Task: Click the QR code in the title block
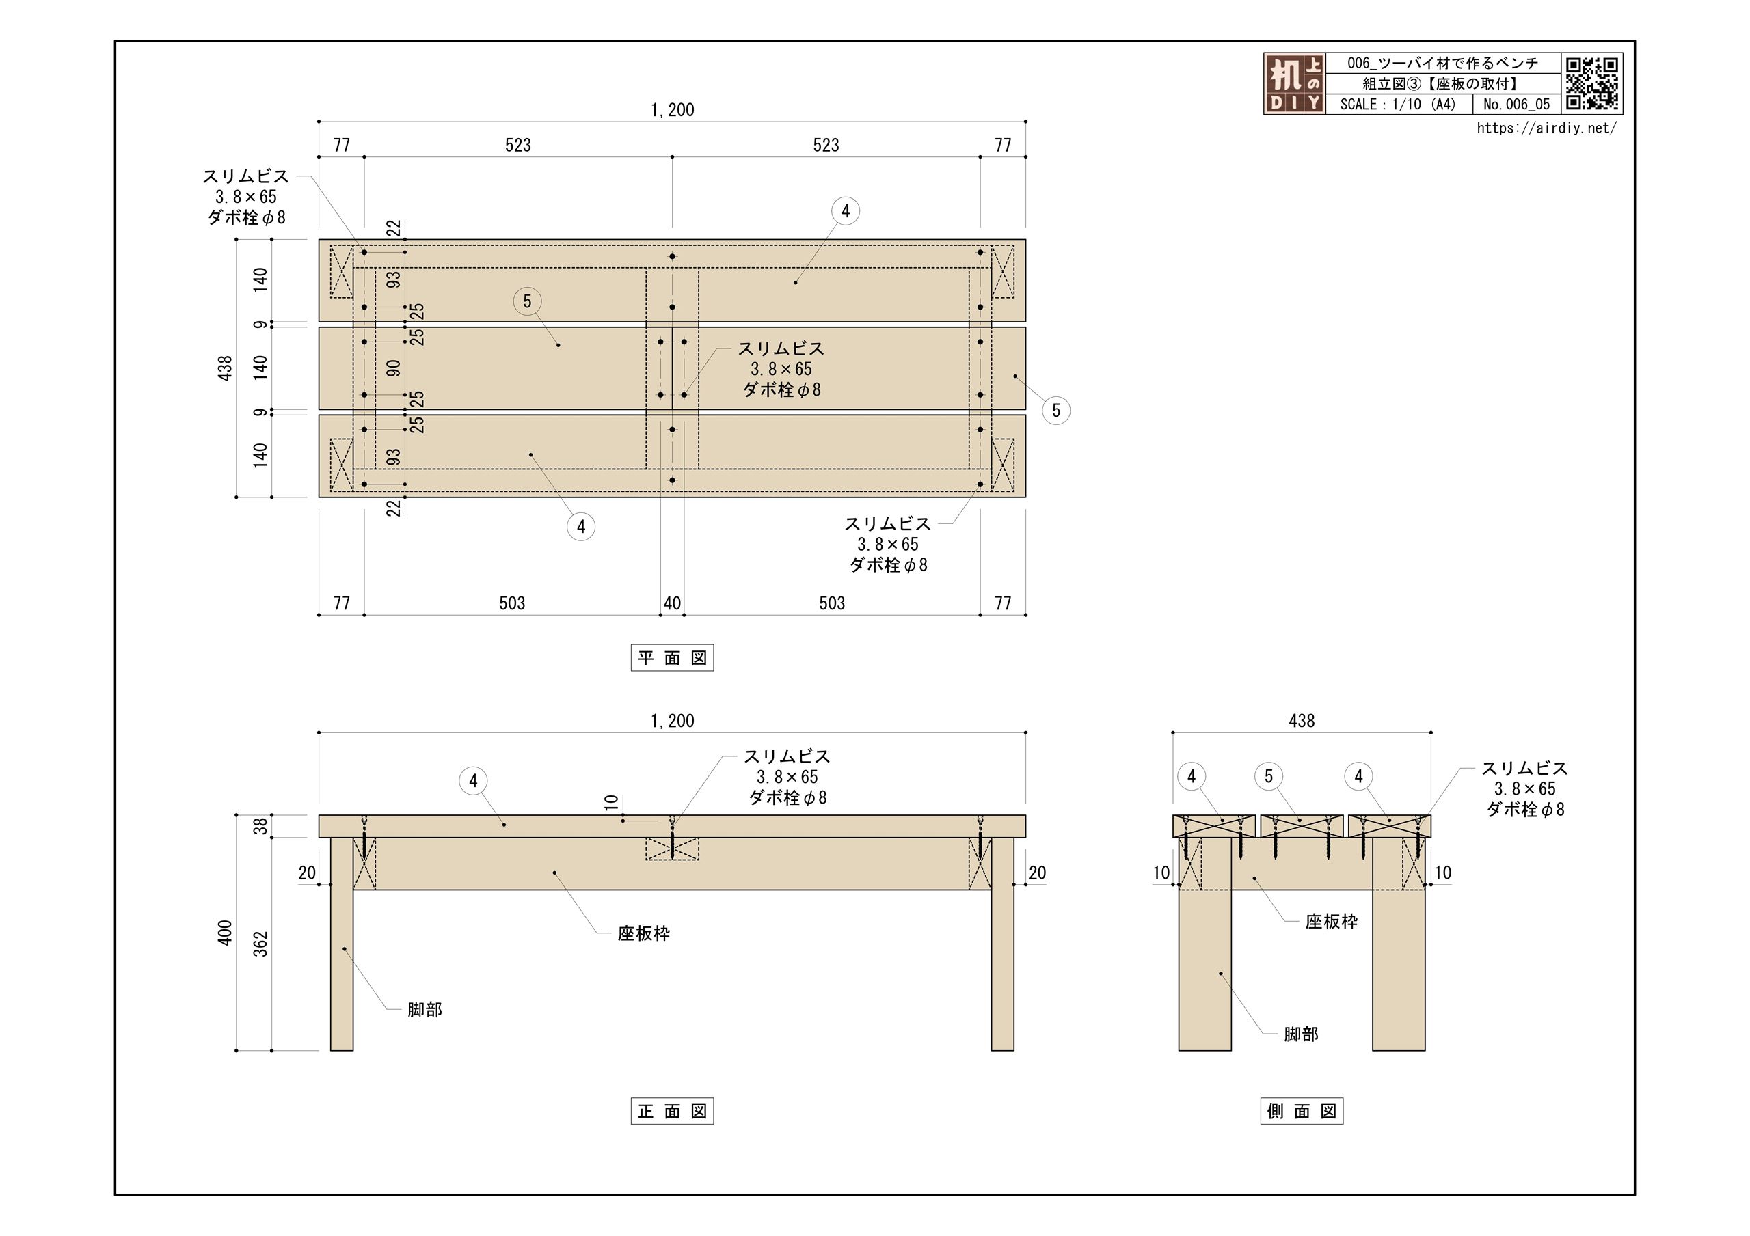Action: coord(1591,83)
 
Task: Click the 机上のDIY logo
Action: coord(1294,84)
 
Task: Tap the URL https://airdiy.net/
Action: coord(1546,128)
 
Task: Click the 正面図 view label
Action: coord(671,1112)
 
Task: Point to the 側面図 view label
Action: coord(1301,1112)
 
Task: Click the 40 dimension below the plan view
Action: coord(671,603)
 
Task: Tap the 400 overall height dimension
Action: coord(225,933)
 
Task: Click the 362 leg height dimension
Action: coord(260,944)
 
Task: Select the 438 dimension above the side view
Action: coord(1301,721)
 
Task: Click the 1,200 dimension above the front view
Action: coord(671,721)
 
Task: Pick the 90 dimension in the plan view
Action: coord(393,369)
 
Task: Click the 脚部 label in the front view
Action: coord(425,1010)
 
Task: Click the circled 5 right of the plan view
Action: coord(1055,411)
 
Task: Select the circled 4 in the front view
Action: coord(473,780)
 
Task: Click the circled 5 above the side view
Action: coord(1268,776)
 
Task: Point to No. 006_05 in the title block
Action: coord(1516,105)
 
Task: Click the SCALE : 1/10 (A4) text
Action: coord(1398,105)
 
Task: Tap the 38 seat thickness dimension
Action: coord(260,826)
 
